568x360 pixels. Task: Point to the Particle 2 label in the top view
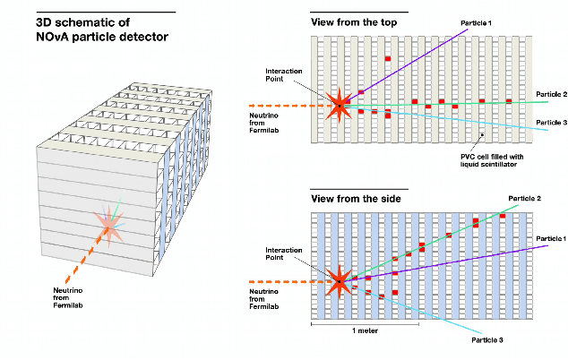click(x=547, y=93)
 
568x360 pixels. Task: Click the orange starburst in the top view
click(x=340, y=105)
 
